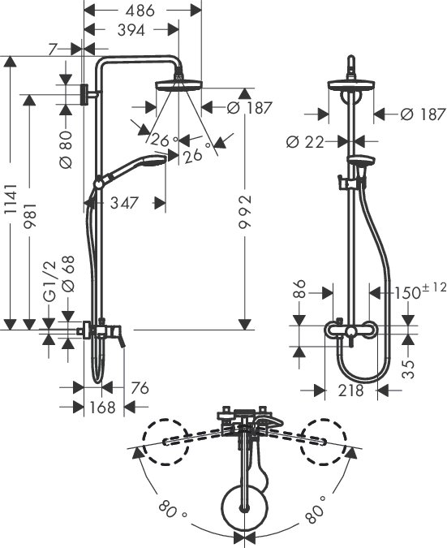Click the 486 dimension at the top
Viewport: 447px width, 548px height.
coord(140,11)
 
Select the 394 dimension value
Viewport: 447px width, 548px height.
coord(131,30)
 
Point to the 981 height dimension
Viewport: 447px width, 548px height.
coord(29,215)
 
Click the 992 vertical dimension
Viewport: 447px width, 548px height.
coord(245,212)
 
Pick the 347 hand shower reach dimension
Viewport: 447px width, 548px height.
coord(124,203)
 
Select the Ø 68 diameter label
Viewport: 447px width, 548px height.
coord(68,274)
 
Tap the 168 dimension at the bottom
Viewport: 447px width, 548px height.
coord(103,407)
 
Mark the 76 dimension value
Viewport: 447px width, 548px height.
coord(140,388)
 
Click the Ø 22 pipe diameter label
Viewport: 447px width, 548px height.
coord(305,142)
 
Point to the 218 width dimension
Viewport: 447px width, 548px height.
coord(350,391)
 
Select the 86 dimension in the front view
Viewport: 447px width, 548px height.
coord(299,289)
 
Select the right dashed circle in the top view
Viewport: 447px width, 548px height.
coord(325,442)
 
